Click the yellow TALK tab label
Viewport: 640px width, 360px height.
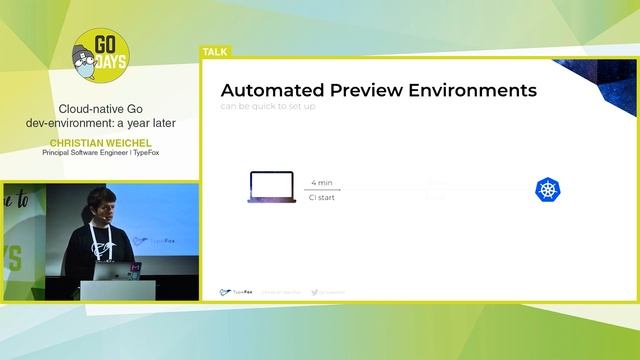point(215,51)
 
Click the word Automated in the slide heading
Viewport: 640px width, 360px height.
point(276,90)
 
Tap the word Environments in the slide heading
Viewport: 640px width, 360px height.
point(481,90)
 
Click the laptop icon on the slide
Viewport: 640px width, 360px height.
point(270,188)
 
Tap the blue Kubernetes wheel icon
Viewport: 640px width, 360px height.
point(547,189)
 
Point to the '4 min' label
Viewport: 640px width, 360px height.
point(322,183)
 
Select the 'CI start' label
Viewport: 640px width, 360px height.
point(322,197)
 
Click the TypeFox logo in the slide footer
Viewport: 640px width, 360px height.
point(236,292)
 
